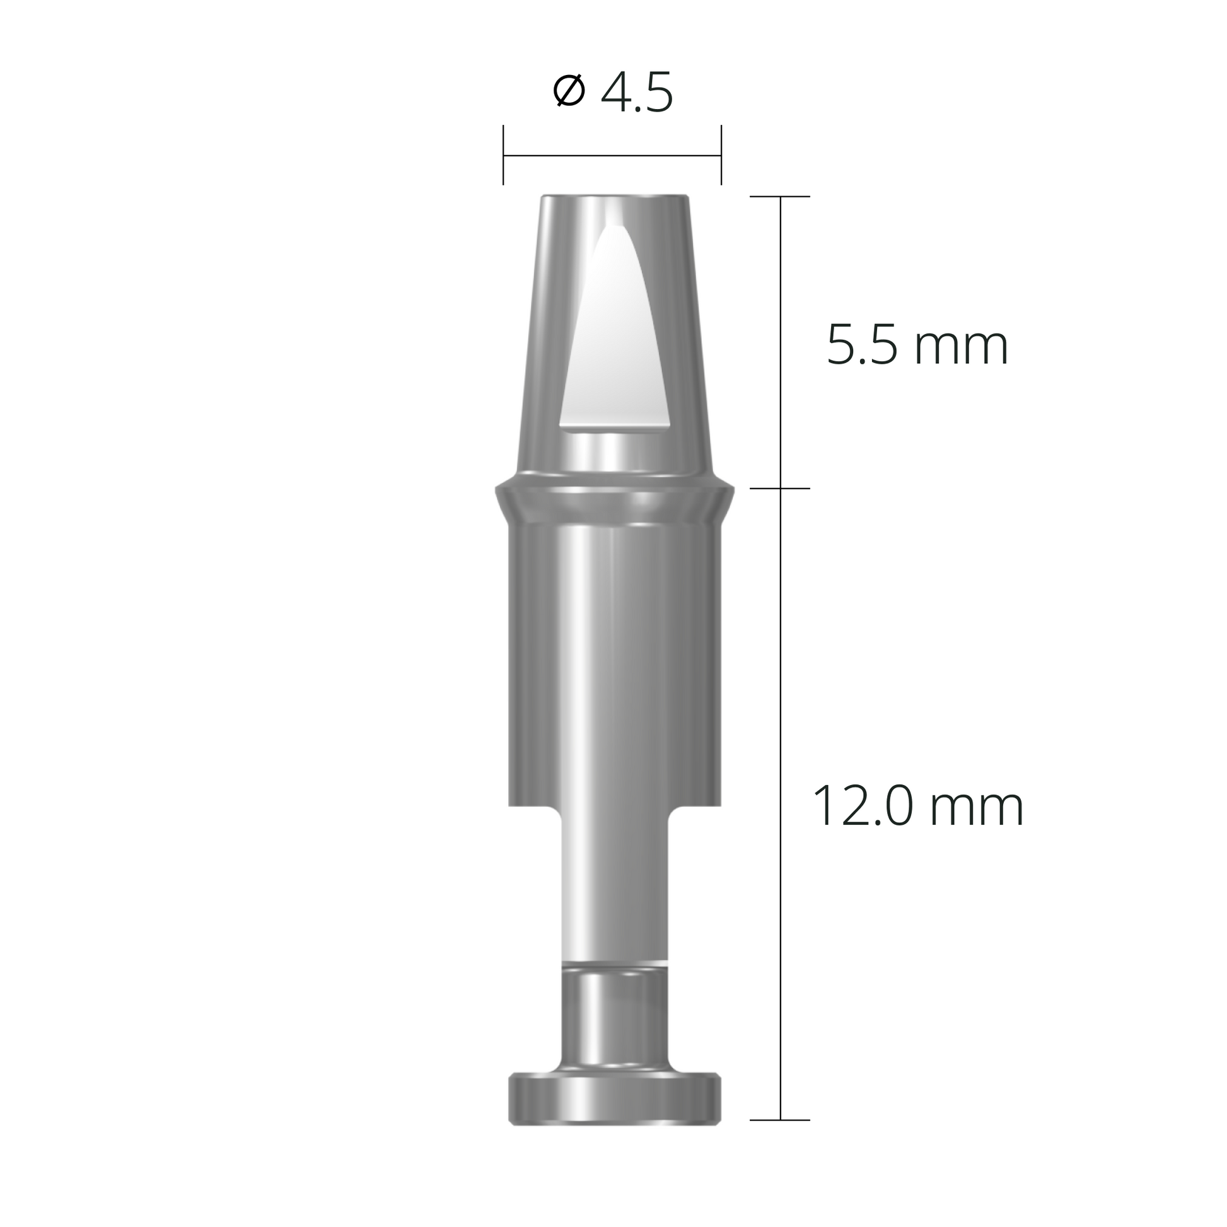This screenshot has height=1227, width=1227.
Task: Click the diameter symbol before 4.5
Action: point(568,91)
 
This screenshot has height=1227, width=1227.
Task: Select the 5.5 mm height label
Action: point(917,346)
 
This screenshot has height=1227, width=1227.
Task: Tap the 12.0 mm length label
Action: point(917,806)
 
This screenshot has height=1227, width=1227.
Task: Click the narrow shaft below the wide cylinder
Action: point(614,889)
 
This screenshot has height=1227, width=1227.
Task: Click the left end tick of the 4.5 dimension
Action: point(503,154)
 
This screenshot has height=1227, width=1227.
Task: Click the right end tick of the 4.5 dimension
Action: point(721,154)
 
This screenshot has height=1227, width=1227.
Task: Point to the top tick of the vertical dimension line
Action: point(780,197)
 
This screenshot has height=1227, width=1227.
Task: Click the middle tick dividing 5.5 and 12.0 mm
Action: point(780,489)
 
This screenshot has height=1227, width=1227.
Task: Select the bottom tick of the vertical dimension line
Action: point(780,1138)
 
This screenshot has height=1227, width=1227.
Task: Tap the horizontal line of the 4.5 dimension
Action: point(612,154)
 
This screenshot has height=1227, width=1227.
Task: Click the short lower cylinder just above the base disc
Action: point(614,1023)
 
